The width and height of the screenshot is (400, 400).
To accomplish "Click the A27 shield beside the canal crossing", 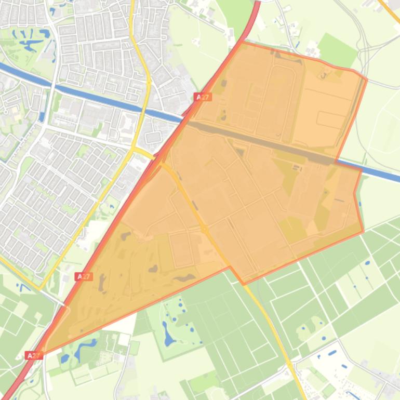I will pyautogui.click(x=203, y=97).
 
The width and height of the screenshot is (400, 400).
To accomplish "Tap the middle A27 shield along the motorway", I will pyautogui.click(x=84, y=276).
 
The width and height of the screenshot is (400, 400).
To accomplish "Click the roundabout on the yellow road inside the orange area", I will pyautogui.click(x=205, y=229).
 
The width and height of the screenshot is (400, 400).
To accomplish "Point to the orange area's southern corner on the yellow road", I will pyautogui.click(x=243, y=284).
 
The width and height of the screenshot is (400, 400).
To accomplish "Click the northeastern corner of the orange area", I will pyautogui.click(x=366, y=79).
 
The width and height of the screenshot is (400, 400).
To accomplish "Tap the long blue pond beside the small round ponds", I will pyautogui.click(x=168, y=333).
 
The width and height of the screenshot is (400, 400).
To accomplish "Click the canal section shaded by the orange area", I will pyautogui.click(x=260, y=140).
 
